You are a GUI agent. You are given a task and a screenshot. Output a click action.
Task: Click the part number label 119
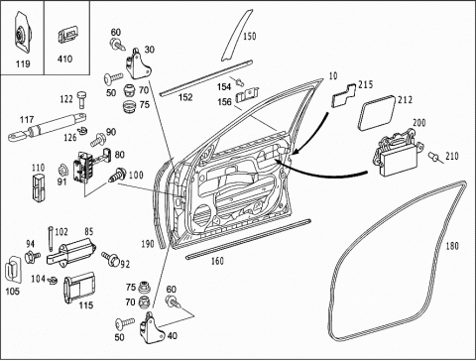point(23,63)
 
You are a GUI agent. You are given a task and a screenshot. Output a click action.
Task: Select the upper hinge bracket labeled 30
point(138,63)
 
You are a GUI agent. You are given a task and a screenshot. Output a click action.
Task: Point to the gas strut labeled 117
point(48,126)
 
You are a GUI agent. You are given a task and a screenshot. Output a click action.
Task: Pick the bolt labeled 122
point(82,99)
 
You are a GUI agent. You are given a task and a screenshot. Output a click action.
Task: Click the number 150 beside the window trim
point(250,36)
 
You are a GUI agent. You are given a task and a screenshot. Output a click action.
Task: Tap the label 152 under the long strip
point(185,97)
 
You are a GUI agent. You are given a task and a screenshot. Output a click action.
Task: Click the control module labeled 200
point(398,152)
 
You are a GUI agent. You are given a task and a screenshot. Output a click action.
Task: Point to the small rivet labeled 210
point(435,157)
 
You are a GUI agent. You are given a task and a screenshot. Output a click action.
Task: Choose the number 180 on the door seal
point(452,246)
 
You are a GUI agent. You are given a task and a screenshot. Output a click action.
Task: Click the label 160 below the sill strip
point(217,261)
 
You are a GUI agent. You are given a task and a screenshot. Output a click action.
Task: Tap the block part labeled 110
point(39,187)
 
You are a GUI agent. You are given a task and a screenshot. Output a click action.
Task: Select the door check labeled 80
point(91,166)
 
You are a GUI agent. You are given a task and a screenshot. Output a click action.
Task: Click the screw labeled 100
point(118,175)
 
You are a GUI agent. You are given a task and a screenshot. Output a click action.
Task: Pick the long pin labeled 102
point(51,239)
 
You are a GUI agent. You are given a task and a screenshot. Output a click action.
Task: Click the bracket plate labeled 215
point(343,95)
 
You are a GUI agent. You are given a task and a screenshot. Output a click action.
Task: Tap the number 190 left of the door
point(148,244)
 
